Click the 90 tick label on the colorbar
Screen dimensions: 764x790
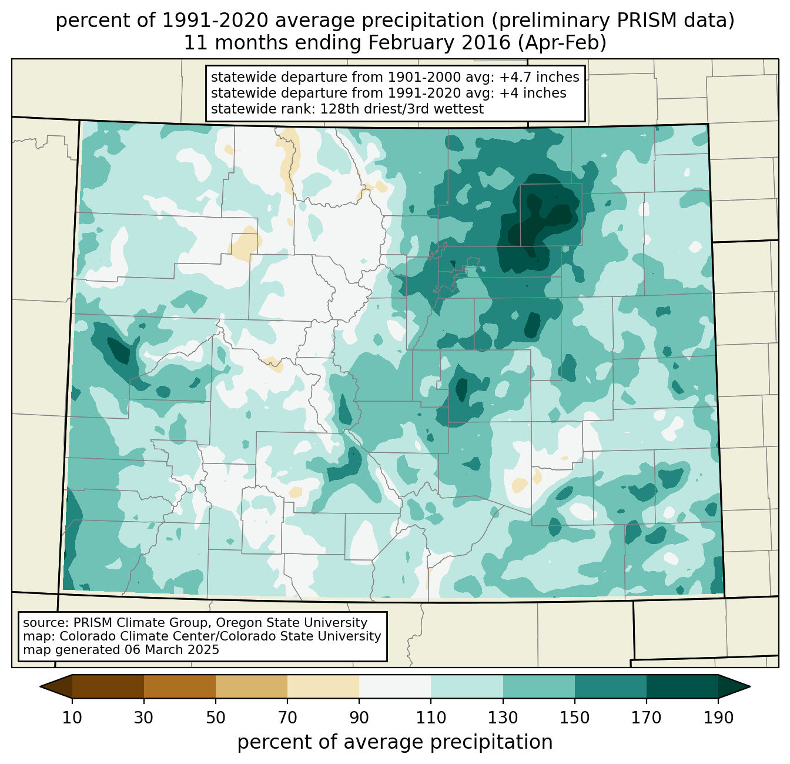(359, 718)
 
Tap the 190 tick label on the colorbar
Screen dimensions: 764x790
(718, 718)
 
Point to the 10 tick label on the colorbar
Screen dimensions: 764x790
(72, 718)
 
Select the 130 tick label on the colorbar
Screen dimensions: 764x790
(503, 718)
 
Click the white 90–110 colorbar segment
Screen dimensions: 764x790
(395, 686)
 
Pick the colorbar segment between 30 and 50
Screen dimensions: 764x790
(180, 686)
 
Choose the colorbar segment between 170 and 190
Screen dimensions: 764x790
(682, 686)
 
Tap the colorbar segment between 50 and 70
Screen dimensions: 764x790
(252, 686)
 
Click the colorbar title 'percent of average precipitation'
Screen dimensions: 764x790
(395, 742)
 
